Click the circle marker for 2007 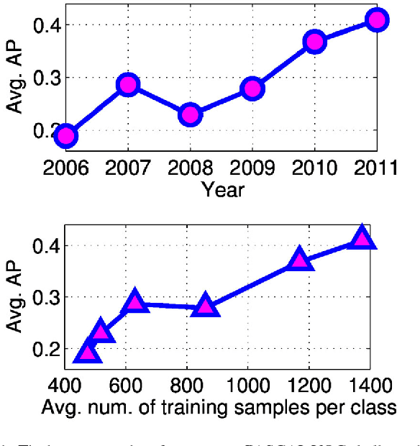pyautogui.click(x=128, y=85)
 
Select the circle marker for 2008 pyautogui.click(x=190, y=114)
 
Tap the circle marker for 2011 pyautogui.click(x=377, y=19)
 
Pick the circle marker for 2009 pyautogui.click(x=252, y=89)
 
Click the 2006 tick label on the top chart pyautogui.click(x=65, y=170)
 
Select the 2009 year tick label pyautogui.click(x=252, y=170)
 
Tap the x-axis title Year pyautogui.click(x=222, y=191)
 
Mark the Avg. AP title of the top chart pyautogui.click(x=14, y=78)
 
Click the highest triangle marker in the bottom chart pyautogui.click(x=362, y=238)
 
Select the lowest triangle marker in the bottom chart pyautogui.click(x=87, y=352)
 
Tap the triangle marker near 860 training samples pyautogui.click(x=206, y=306)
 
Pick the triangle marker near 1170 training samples pyautogui.click(x=300, y=259)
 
